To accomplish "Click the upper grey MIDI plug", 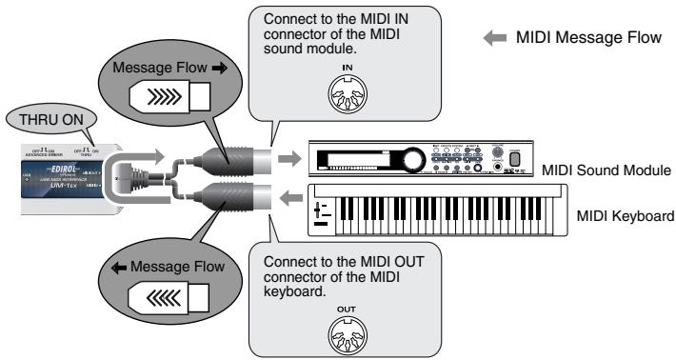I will (x=228, y=158).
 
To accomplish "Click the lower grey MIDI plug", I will (x=228, y=200).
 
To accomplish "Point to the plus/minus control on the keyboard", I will (x=325, y=212).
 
